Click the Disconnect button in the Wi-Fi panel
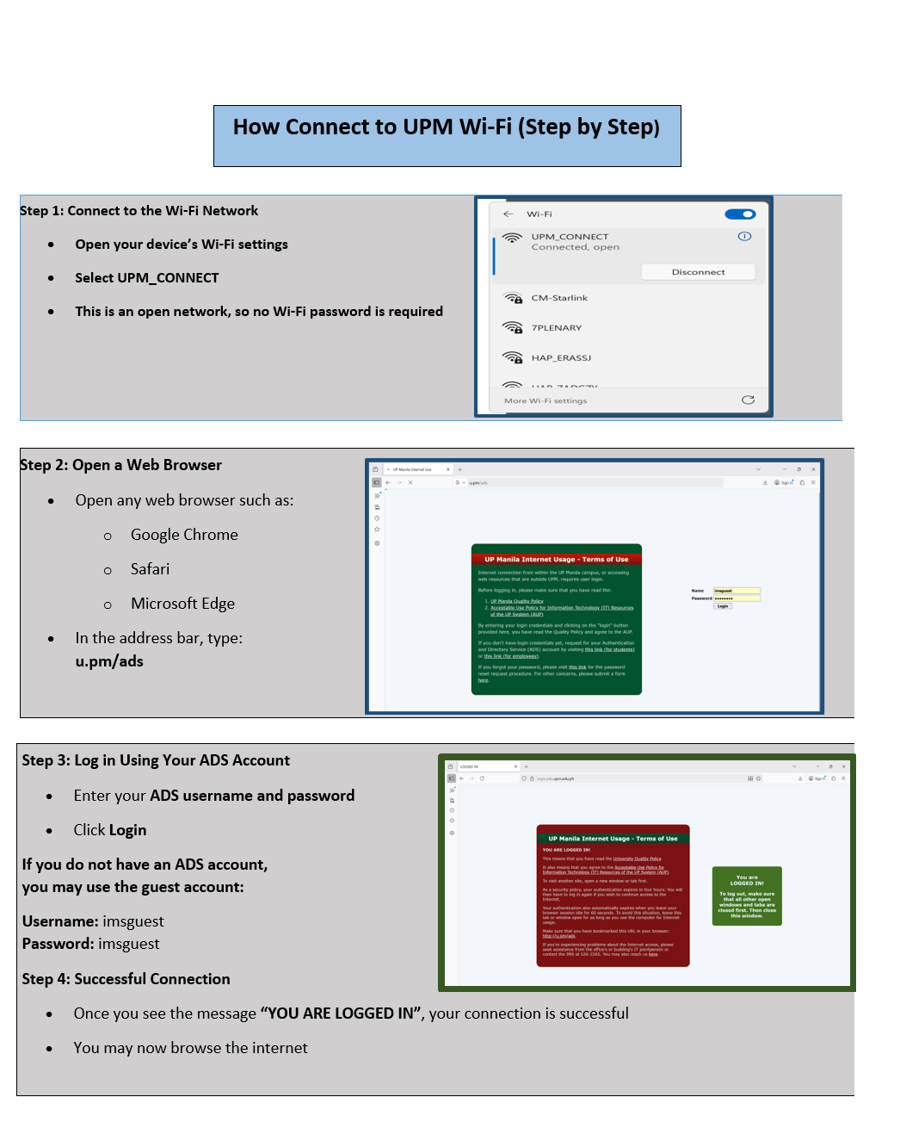[698, 272]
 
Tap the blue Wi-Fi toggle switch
[740, 214]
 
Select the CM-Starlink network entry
[559, 298]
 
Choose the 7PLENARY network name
[557, 328]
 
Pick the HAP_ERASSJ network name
[561, 358]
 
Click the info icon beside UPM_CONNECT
[745, 236]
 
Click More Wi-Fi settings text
[546, 400]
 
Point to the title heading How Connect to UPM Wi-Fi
[447, 127]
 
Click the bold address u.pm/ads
[109, 661]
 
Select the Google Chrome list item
[184, 535]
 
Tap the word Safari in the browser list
[151, 569]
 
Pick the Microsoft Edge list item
[182, 604]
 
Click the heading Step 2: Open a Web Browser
[121, 465]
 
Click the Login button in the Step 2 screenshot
[723, 606]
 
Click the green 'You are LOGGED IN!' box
[747, 896]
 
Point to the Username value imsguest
[133, 921]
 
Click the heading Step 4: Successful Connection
[126, 979]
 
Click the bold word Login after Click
[127, 830]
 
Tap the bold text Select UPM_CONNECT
[147, 278]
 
